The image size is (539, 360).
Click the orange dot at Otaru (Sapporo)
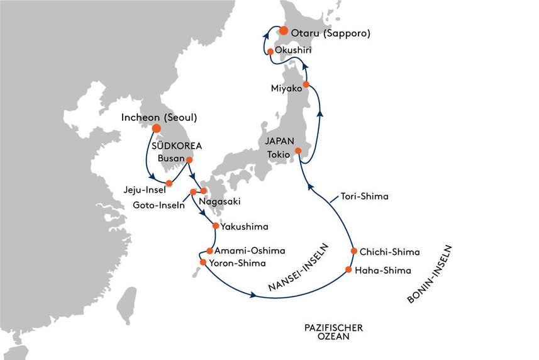[284, 31]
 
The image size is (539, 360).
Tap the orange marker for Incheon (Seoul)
[157, 128]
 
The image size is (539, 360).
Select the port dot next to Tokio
[298, 150]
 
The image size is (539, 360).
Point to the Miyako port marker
[306, 84]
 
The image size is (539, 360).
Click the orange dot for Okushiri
[270, 52]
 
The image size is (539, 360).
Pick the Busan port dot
[189, 160]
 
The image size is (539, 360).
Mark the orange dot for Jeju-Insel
[169, 183]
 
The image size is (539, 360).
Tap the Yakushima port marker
[216, 226]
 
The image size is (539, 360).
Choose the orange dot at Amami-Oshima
[209, 250]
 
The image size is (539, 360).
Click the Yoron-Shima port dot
[203, 262]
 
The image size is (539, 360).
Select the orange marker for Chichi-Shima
[354, 251]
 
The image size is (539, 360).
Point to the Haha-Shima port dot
[348, 269]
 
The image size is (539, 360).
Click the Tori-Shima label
[364, 196]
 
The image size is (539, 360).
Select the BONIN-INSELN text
[430, 274]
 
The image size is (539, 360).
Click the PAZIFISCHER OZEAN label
[333, 332]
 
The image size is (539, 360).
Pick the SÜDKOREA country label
[177, 145]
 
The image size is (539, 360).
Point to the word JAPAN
[279, 141]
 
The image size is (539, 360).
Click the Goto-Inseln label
[159, 205]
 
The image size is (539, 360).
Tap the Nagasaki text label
[219, 201]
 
